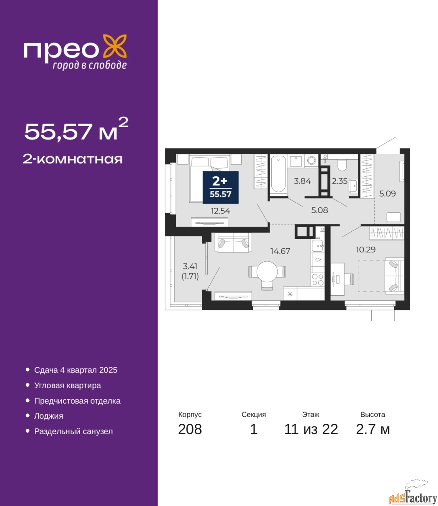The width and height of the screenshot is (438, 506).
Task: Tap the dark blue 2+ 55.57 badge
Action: coord(220,187)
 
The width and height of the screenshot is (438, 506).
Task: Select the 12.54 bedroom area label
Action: coord(221,211)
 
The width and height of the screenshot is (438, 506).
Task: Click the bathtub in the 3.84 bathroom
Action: coord(278,174)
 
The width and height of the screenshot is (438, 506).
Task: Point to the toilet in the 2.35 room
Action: coord(342,166)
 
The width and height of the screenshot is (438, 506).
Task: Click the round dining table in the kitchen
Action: coord(267,272)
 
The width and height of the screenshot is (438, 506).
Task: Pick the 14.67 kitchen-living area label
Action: coord(280,251)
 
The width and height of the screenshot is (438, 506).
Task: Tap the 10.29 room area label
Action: coord(366,249)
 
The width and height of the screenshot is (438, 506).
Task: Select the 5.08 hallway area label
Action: coord(320,210)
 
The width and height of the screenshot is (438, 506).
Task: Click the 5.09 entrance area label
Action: coord(387,193)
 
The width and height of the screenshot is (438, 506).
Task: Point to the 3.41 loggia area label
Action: coord(190,266)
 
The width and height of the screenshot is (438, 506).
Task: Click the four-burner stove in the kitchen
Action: coord(318,279)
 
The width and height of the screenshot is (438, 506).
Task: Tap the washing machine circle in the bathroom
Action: coord(312,161)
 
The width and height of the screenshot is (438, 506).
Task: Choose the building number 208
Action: coord(190,429)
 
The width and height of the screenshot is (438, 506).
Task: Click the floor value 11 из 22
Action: coord(311,429)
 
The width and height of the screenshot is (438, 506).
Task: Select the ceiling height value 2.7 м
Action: coord(373,429)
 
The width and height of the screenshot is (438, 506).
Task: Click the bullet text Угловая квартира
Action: coord(68,385)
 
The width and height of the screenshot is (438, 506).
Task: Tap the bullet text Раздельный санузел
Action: coord(73,431)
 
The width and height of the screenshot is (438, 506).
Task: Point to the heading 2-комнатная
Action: coord(73,159)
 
